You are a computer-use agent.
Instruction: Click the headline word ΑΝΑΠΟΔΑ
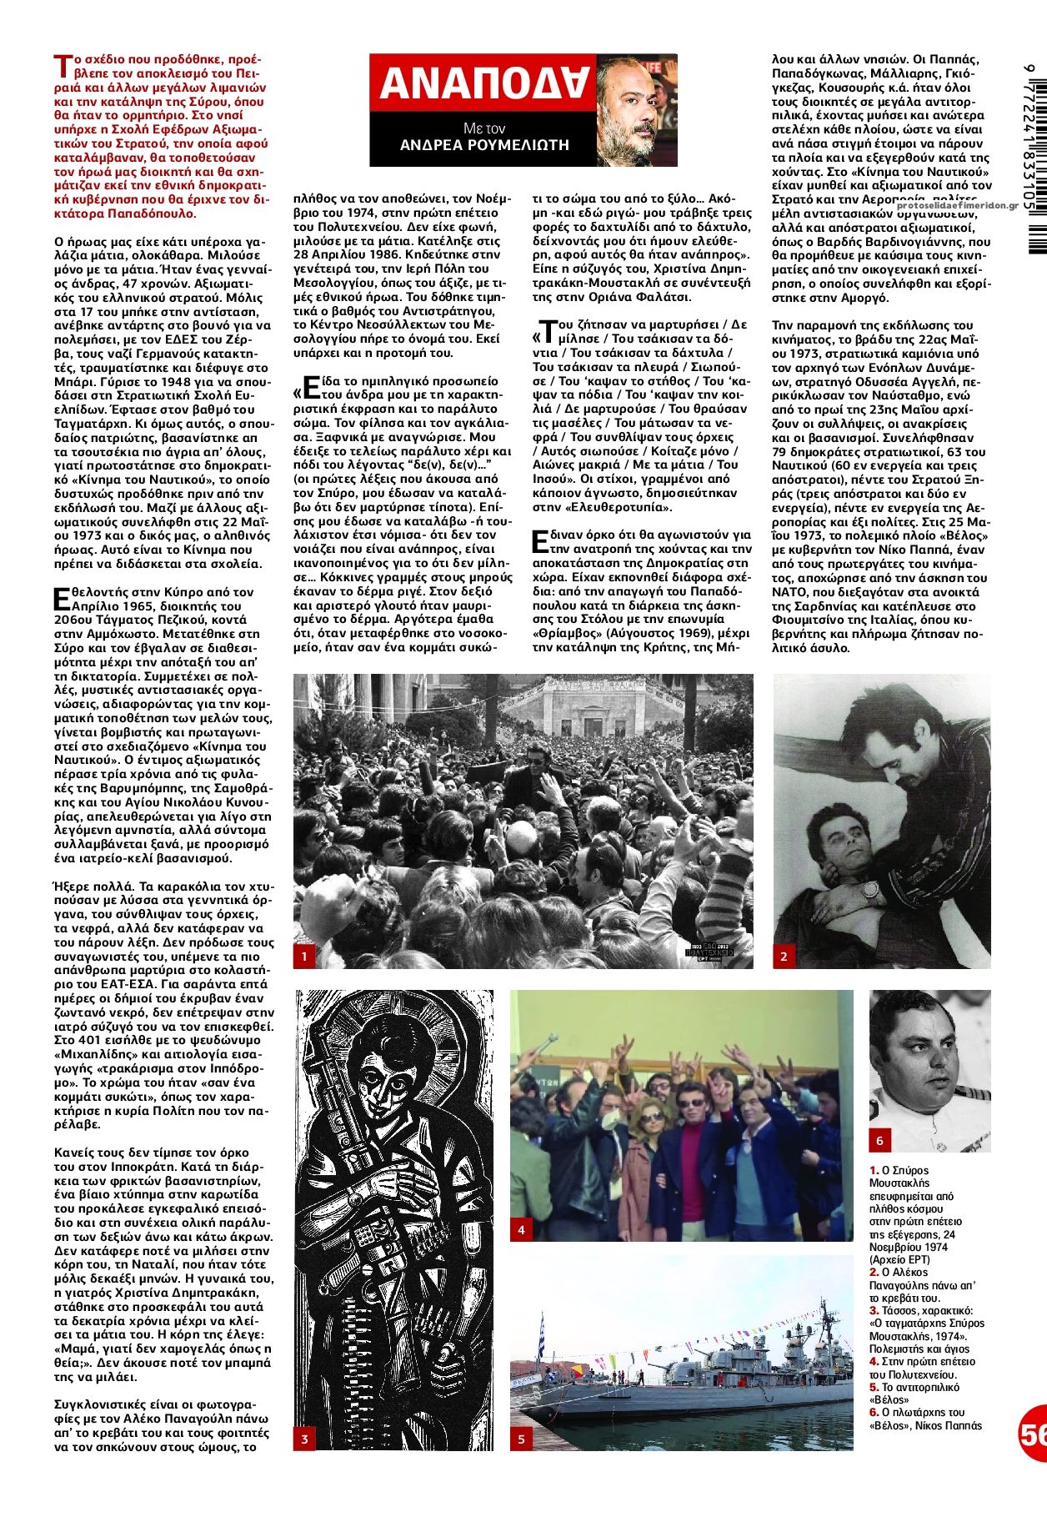[484, 84]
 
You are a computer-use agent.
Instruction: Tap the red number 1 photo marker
[305, 957]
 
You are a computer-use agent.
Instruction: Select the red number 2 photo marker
[784, 957]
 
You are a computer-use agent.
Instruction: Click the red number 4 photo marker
[522, 1229]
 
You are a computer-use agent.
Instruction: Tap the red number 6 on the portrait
[879, 1140]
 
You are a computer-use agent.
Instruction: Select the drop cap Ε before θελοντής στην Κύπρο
[61, 598]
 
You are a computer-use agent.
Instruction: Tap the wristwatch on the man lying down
[871, 891]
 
